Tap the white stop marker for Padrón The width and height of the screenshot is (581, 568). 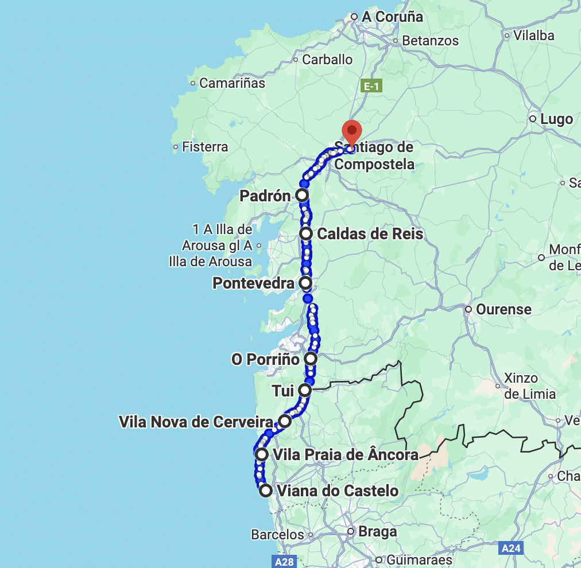(302, 196)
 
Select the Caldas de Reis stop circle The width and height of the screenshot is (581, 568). (306, 234)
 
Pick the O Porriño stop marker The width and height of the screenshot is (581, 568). (310, 359)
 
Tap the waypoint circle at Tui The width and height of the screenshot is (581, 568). (305, 391)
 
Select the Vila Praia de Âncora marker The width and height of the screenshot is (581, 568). (262, 455)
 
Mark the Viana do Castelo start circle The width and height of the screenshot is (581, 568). (266, 491)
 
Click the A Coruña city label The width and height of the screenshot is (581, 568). (392, 17)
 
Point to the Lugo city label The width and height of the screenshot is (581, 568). (556, 119)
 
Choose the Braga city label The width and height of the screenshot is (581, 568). (377, 531)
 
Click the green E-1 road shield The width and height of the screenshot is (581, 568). (371, 87)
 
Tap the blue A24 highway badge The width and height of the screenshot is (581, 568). (511, 548)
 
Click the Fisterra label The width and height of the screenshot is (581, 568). (204, 147)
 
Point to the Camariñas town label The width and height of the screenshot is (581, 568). (232, 83)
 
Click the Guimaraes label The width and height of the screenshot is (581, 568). (419, 559)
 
